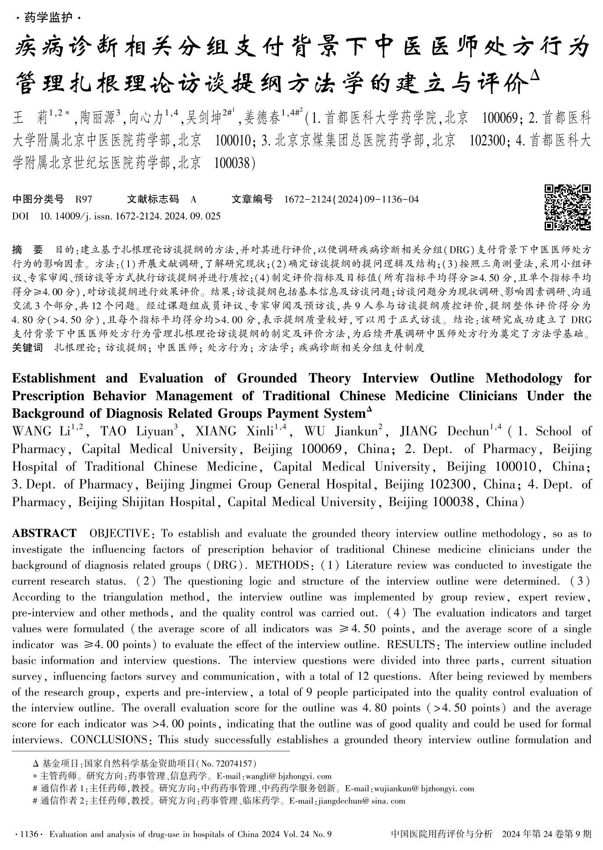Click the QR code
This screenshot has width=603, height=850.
[567, 207]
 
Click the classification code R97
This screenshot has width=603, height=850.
[84, 200]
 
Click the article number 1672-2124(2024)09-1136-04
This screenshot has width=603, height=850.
[351, 200]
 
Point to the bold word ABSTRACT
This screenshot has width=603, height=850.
[44, 534]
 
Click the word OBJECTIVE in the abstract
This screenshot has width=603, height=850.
[119, 534]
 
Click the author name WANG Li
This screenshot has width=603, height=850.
[41, 432]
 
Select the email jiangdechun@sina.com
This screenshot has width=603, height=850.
[371, 800]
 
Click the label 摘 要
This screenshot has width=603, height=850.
[27, 250]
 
